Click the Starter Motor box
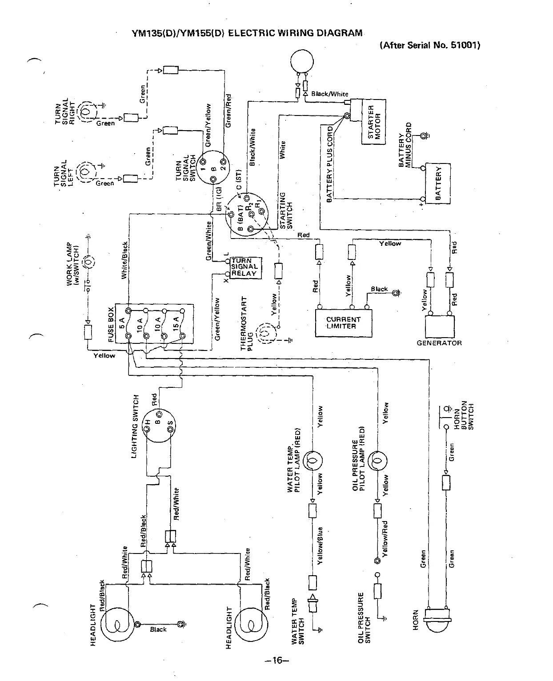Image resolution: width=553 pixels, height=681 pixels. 374,122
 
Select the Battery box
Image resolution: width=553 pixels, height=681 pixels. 438,183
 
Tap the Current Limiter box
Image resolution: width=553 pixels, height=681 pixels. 344,323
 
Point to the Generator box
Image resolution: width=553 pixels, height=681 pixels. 440,327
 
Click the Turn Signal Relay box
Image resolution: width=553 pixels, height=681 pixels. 244,267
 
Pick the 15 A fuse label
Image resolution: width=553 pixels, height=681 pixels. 176,323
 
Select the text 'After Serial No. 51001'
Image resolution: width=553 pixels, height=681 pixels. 430,45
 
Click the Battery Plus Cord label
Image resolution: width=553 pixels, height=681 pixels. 330,164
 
